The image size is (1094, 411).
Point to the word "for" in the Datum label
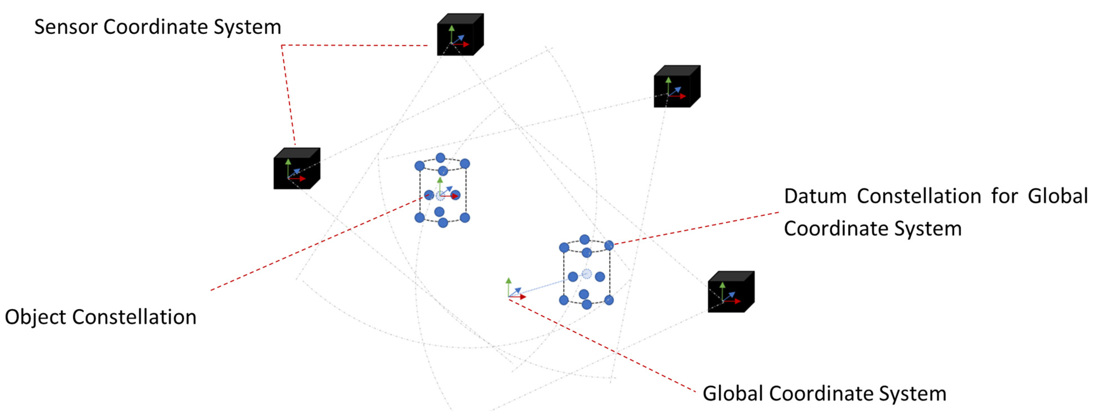coord(1005,196)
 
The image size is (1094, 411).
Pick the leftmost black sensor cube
coord(297,168)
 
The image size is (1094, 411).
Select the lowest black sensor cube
coord(731,292)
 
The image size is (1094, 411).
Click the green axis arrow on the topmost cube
coord(452,34)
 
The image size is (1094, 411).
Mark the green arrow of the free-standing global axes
coord(508,288)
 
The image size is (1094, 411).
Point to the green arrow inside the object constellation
coord(440,186)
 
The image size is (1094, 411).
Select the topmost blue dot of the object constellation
coord(440,158)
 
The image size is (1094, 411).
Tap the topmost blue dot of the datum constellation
coord(584,239)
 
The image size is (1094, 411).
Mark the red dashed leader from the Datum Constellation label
coord(697,228)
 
